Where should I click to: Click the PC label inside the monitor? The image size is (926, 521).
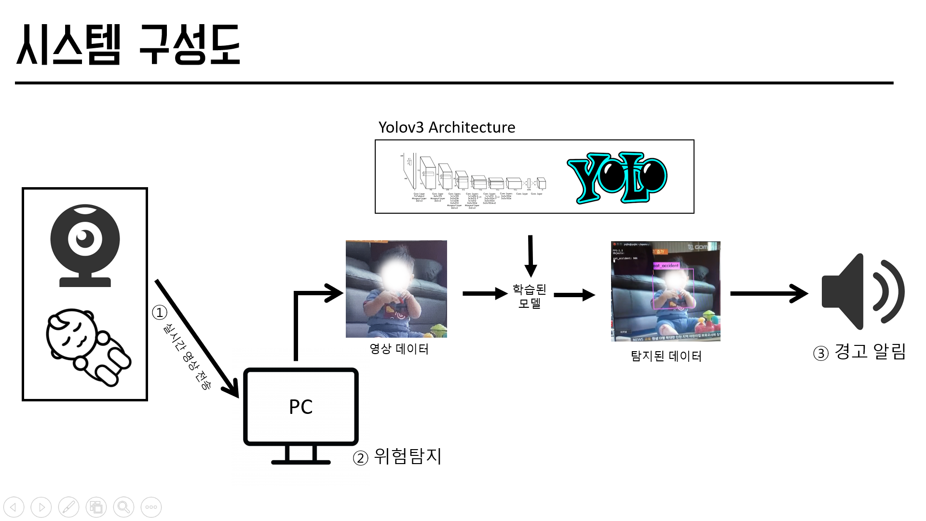coord(300,407)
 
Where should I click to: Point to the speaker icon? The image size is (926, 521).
coord(862,292)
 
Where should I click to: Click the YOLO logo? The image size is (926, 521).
coord(617,178)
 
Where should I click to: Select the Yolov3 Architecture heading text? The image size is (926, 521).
coord(447,127)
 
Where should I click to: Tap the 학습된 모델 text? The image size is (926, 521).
coord(529,296)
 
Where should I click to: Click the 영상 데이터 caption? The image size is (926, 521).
coord(399,349)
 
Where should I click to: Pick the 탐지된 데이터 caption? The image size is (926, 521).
coord(666,356)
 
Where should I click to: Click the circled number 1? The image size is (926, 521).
coord(160,313)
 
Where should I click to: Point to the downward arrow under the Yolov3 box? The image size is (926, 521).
coord(531,256)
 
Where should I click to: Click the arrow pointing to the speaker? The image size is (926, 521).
coord(769,293)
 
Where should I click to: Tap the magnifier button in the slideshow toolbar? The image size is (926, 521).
coord(123,507)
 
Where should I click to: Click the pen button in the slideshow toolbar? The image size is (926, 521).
coord(68,507)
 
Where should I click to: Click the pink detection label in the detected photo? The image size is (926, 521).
coord(666,265)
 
